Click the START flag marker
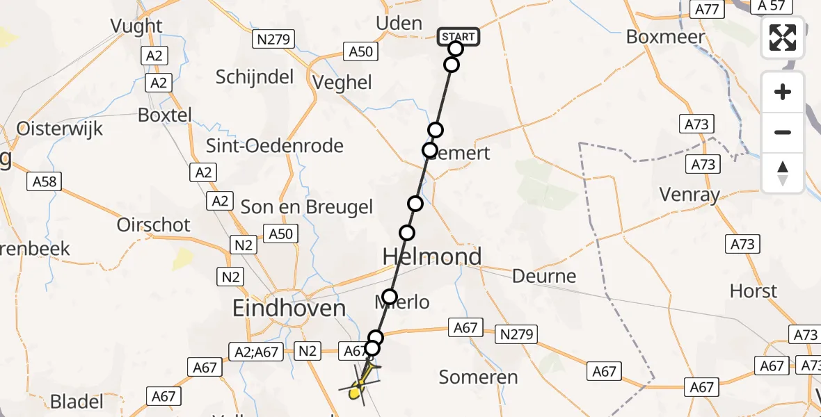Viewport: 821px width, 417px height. pyautogui.click(x=459, y=37)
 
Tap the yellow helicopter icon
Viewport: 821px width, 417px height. pyautogui.click(x=359, y=384)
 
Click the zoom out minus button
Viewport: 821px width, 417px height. pyautogui.click(x=783, y=132)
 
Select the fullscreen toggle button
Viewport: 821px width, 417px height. pyautogui.click(x=783, y=38)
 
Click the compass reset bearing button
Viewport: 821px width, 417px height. pyautogui.click(x=783, y=173)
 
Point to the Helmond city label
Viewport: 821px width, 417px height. pyautogui.click(x=432, y=257)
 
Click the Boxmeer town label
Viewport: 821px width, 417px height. pyautogui.click(x=666, y=37)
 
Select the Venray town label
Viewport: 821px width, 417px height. pyautogui.click(x=690, y=195)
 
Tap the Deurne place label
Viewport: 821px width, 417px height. pyautogui.click(x=544, y=276)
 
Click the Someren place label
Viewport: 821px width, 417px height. pyautogui.click(x=479, y=377)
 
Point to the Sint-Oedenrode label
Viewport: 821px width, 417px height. pyautogui.click(x=275, y=146)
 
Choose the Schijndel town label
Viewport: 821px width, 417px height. pyautogui.click(x=255, y=76)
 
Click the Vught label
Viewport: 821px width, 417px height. pyautogui.click(x=136, y=26)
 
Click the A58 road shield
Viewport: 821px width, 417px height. pyautogui.click(x=45, y=182)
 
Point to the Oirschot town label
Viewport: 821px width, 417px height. pyautogui.click(x=154, y=225)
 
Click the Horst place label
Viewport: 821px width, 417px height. pyautogui.click(x=754, y=291)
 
